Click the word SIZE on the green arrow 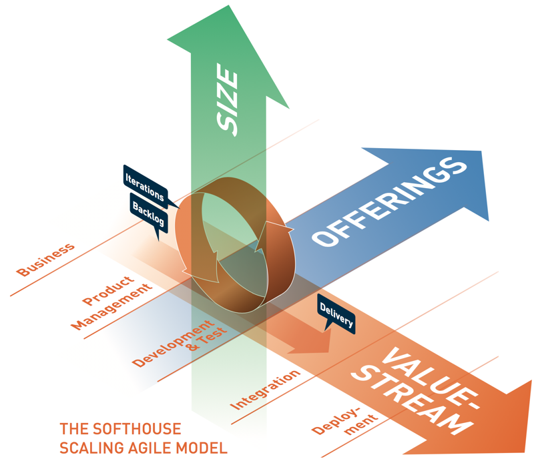click(x=228, y=103)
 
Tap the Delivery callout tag click(x=336, y=314)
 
